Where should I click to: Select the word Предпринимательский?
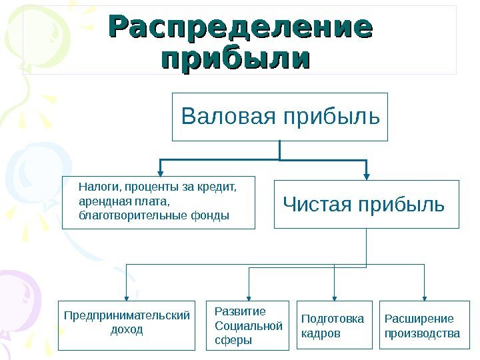127,315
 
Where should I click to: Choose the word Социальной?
249,326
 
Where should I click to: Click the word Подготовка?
333,318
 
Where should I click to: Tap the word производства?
422,333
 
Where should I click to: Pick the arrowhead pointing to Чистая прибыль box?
367,175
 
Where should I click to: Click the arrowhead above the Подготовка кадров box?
334,297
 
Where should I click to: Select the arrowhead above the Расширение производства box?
424,297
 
